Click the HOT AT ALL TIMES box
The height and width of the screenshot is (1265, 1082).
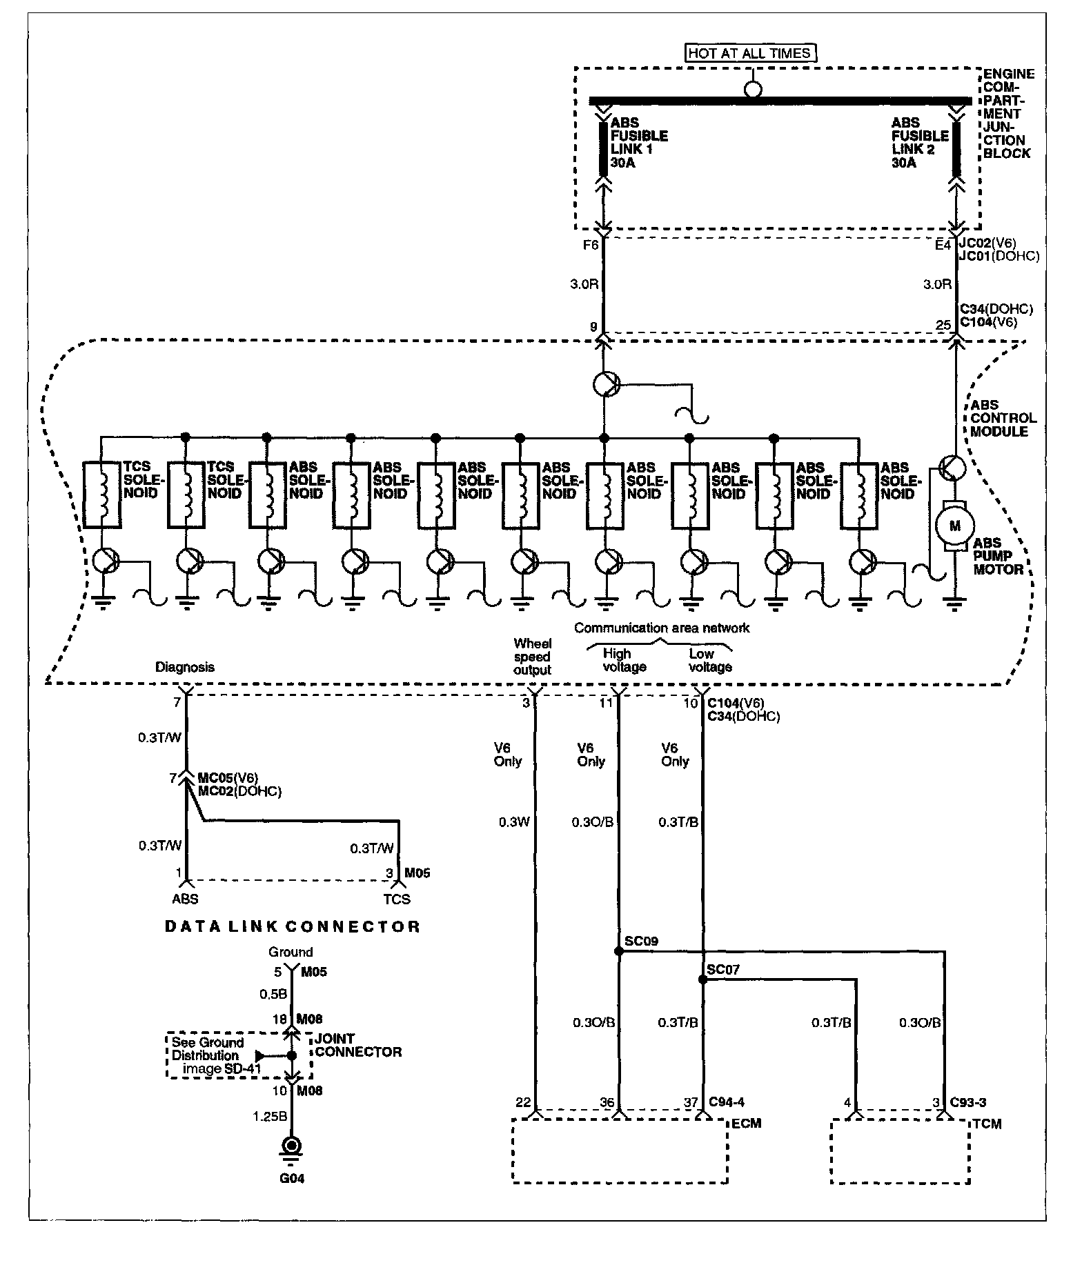(x=749, y=52)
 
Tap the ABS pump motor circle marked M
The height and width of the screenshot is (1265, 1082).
(x=955, y=526)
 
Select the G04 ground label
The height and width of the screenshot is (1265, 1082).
(x=292, y=1178)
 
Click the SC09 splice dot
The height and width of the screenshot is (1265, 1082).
(x=618, y=951)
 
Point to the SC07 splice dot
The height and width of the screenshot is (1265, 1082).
(x=702, y=979)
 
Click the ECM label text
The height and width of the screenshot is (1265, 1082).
(x=746, y=1124)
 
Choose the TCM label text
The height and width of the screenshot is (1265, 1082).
(x=986, y=1124)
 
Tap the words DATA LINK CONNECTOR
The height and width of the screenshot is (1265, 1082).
(x=293, y=926)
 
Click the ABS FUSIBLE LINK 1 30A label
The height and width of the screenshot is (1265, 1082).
(x=639, y=143)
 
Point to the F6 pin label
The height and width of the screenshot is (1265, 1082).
(x=591, y=244)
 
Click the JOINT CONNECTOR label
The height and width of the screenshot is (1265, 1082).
(x=357, y=1045)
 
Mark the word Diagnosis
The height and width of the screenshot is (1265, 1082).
(x=184, y=667)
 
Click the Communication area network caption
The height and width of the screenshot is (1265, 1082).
(x=661, y=628)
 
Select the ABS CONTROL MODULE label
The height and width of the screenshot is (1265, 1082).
(x=1003, y=418)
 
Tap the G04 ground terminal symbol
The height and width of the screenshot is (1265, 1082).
(x=291, y=1146)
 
